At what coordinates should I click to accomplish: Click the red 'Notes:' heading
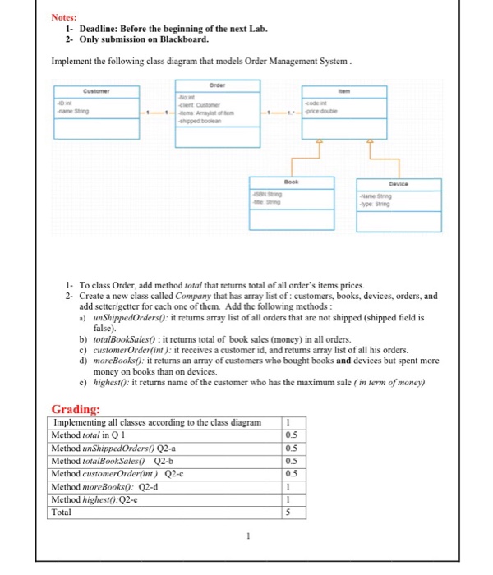[64, 16]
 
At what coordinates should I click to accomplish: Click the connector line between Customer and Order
[156, 113]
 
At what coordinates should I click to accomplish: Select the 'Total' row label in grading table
[62, 512]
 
